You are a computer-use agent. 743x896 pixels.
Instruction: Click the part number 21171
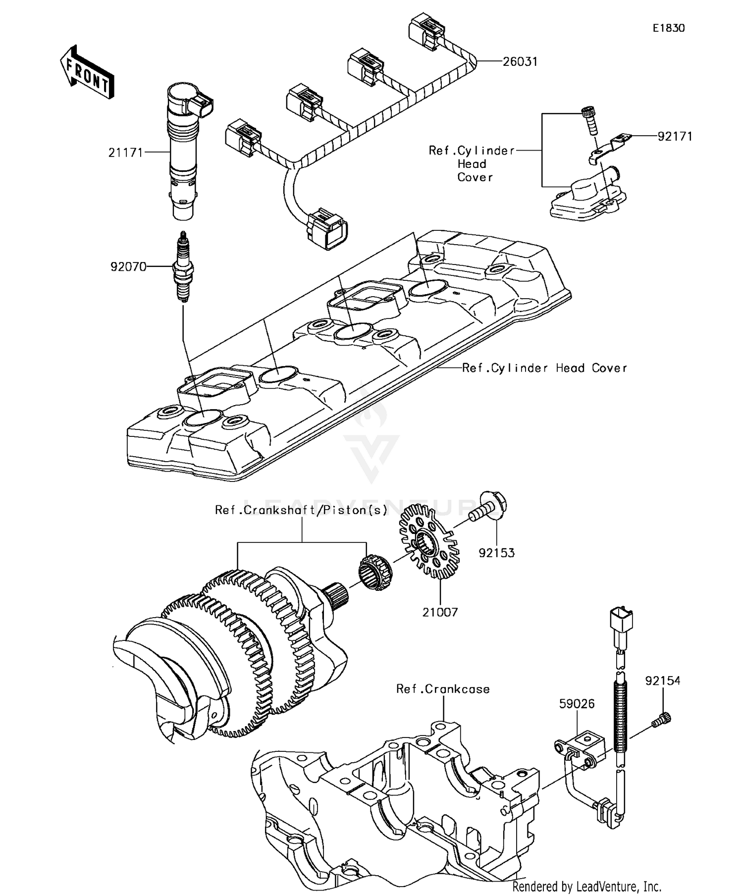click(x=125, y=153)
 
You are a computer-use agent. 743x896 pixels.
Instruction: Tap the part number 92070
click(x=128, y=267)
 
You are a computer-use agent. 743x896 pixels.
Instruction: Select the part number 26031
click(x=520, y=61)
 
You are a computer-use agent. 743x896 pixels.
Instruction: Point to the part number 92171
click(x=675, y=136)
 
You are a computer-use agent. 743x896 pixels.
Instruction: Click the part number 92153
click(x=496, y=552)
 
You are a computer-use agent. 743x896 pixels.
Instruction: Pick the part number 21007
click(x=440, y=612)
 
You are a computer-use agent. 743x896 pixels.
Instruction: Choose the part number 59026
click(x=577, y=703)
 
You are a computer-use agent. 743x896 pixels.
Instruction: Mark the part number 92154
click(x=662, y=681)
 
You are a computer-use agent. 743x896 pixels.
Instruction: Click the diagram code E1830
click(x=668, y=28)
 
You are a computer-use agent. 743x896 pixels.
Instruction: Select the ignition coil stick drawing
click(x=184, y=149)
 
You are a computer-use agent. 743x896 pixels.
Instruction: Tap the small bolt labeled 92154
click(x=662, y=719)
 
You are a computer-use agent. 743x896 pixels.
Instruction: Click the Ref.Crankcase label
click(x=442, y=689)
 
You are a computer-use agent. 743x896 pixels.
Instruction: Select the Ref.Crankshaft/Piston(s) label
click(x=301, y=510)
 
